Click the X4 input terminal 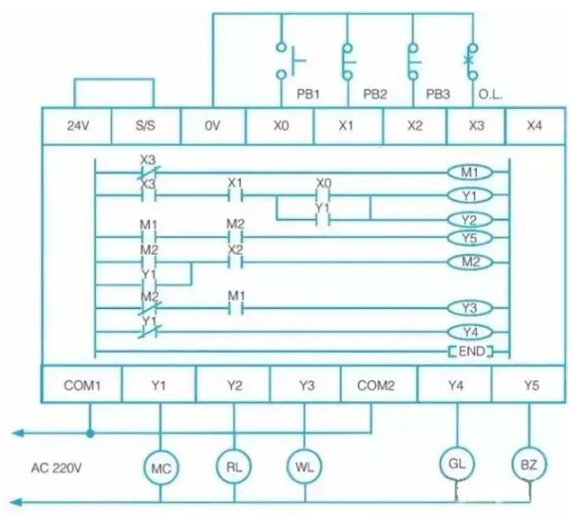pos(535,127)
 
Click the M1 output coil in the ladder pos(469,172)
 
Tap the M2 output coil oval pos(469,262)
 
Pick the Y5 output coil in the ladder pos(469,239)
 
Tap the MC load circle pos(160,466)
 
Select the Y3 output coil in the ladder pos(469,308)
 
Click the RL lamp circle pos(232,465)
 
